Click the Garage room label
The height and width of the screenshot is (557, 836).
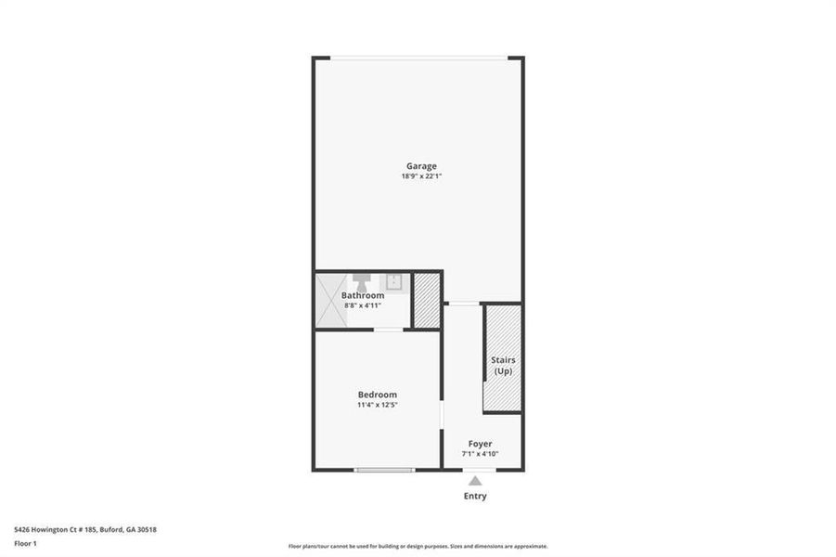point(420,166)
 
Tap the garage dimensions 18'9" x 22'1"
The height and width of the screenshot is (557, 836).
point(420,176)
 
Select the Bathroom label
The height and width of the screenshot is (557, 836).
point(362,295)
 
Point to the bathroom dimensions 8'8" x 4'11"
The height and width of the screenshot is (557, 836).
point(362,304)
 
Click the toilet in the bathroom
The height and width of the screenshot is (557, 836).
point(361,280)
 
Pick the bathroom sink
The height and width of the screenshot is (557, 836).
point(394,281)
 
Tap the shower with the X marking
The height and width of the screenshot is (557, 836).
point(331,300)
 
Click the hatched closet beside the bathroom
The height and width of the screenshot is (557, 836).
point(427,299)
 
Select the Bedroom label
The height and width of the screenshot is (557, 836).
point(377,395)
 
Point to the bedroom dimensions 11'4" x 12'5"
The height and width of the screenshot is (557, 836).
point(377,405)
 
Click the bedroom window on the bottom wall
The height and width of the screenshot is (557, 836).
point(384,470)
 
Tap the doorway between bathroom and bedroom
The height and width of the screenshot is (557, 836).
point(388,330)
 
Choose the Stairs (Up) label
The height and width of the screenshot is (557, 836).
point(503,365)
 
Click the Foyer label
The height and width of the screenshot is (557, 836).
point(480,444)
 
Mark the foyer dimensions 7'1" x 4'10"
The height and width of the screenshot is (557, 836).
point(480,454)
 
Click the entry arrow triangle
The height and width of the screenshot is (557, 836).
point(475,480)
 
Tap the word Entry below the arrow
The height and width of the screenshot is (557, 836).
point(475,496)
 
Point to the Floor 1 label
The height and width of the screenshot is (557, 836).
point(26,545)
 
